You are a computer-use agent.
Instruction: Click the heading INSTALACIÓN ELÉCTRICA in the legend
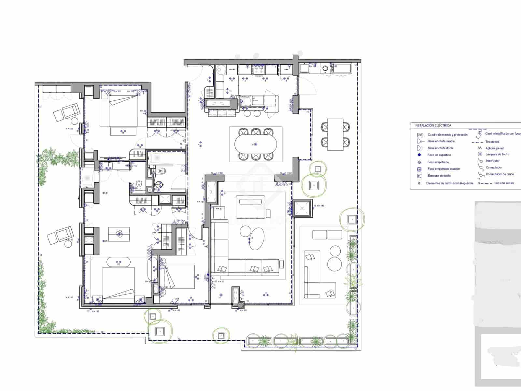pos(433,125)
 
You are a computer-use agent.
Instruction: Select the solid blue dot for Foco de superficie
pos(419,155)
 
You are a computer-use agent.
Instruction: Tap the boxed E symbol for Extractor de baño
pos(419,176)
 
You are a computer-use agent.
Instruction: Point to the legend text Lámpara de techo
pos(497,154)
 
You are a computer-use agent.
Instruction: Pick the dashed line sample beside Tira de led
pos(477,142)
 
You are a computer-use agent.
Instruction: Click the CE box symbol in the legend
pos(420,135)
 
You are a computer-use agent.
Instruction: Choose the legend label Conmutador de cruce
pos(500,174)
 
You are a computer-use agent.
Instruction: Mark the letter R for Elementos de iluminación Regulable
pos(419,183)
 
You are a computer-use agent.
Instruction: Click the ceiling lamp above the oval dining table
pos(256,144)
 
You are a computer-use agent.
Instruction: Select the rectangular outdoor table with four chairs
pos(335,134)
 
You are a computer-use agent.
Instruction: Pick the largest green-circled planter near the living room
pos(314,185)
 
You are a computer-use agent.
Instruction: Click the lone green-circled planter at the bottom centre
pos(221,335)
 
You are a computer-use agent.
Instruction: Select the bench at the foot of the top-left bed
pos(123,131)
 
